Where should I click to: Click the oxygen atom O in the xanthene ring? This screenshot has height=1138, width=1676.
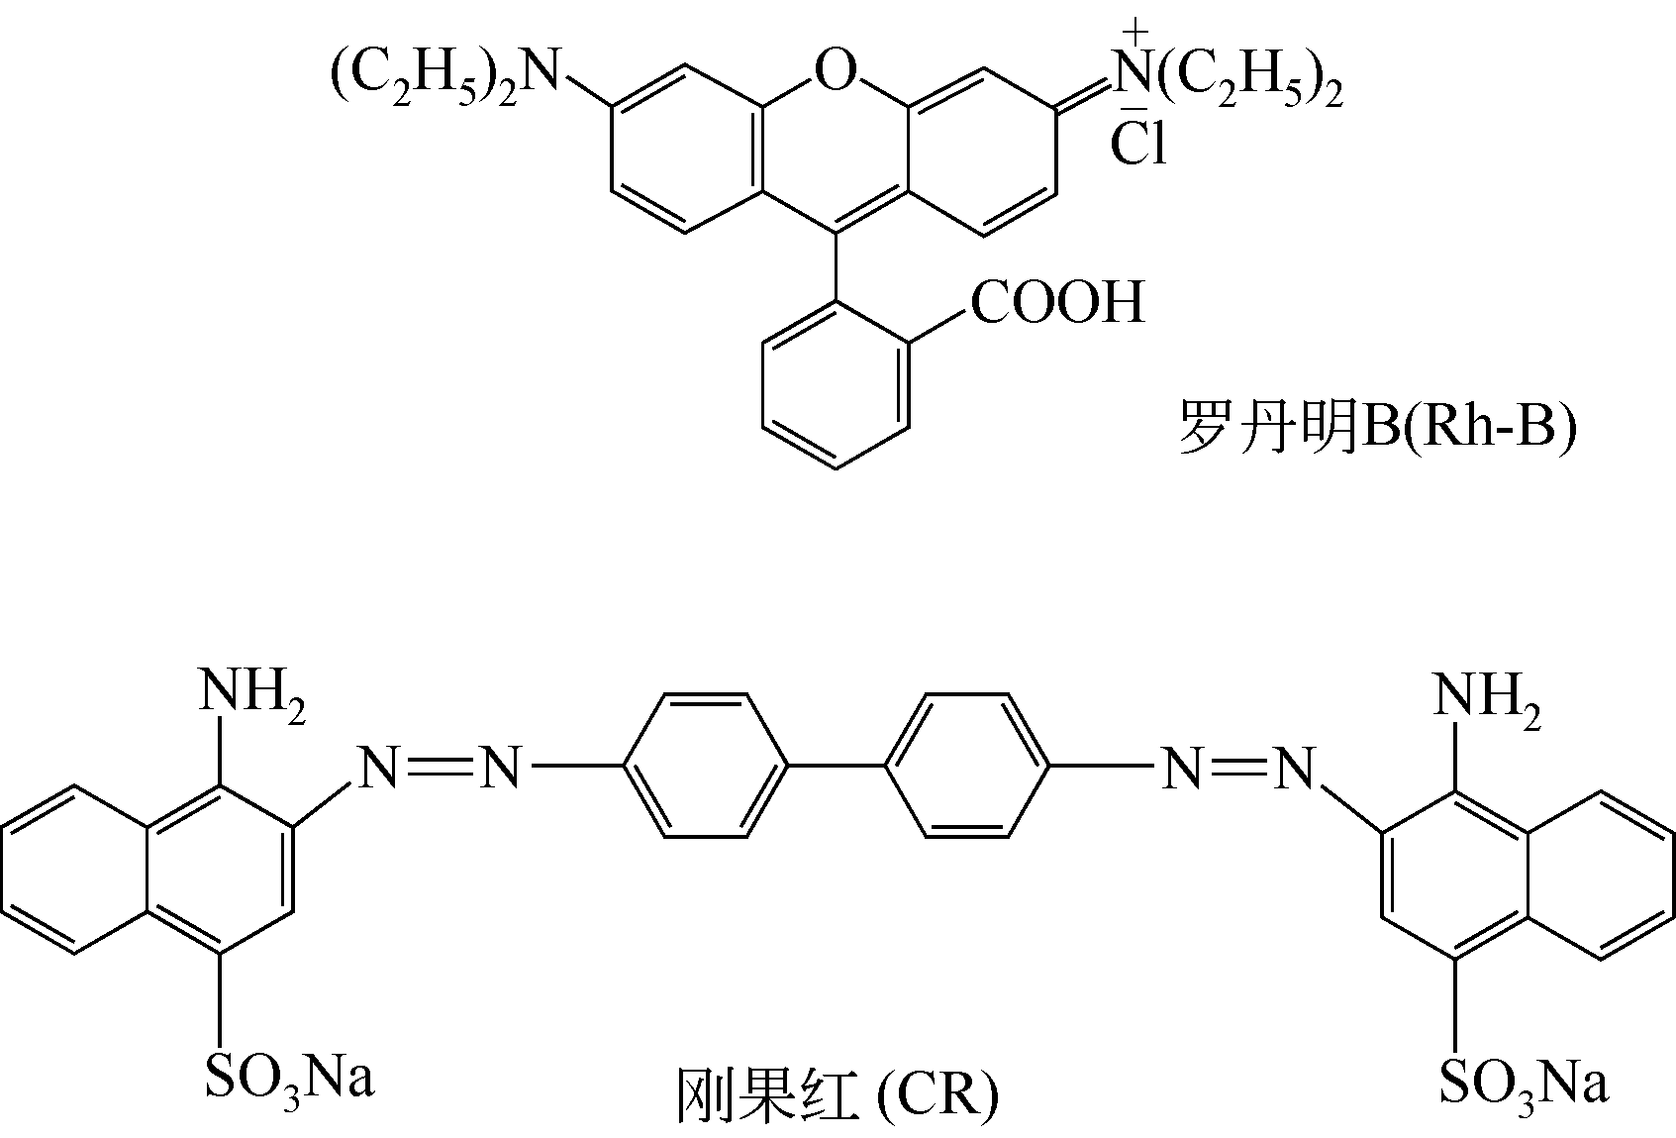coord(835,71)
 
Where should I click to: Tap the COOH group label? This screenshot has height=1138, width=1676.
coord(1058,302)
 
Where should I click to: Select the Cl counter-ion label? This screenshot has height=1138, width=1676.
coord(1138,143)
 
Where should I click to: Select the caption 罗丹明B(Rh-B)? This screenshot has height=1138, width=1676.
coord(1377,428)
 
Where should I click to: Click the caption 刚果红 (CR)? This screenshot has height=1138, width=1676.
coord(838,1096)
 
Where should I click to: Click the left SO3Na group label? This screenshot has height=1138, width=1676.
coord(289,1082)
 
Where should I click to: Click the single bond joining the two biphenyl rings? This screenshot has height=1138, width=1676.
coord(837,766)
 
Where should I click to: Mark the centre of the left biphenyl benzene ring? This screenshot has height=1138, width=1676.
coord(706,766)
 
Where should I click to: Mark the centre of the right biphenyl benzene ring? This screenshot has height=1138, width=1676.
coord(967,766)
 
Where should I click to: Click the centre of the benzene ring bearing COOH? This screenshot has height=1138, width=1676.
coord(836,385)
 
